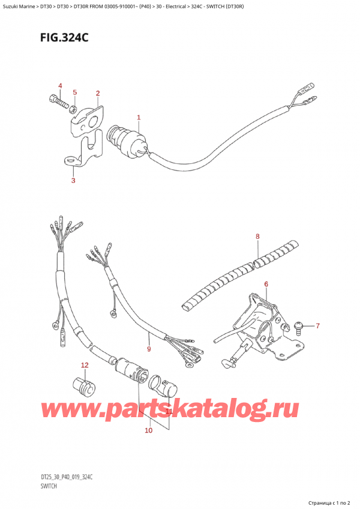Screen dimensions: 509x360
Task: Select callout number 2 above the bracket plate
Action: tap(97, 93)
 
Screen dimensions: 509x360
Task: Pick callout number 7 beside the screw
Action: tap(318, 326)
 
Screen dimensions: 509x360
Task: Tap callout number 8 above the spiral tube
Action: tap(257, 236)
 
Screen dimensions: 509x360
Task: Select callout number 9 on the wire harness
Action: tap(149, 348)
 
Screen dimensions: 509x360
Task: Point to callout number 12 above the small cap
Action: tap(85, 365)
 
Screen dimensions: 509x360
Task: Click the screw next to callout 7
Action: tap(298, 326)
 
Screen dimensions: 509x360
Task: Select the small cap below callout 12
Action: tap(83, 385)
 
